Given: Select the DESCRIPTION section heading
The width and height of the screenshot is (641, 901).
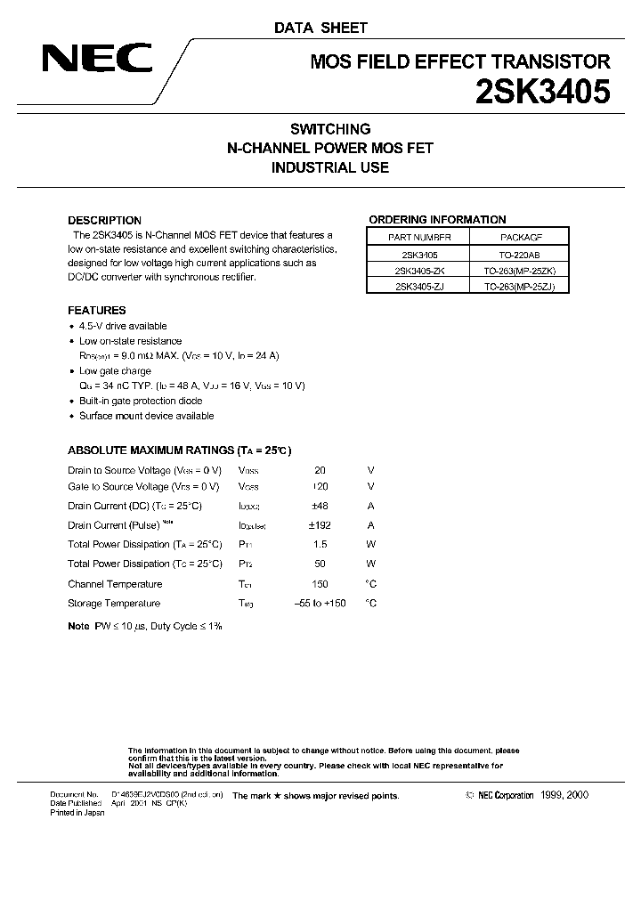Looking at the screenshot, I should (104, 220).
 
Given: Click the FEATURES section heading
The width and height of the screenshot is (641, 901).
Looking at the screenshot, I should (97, 311).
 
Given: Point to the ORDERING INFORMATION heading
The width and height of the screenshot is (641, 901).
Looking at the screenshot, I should (437, 220).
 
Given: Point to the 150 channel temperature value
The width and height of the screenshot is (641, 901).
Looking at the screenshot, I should (320, 584).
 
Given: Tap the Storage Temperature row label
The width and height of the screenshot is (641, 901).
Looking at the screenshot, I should (114, 604).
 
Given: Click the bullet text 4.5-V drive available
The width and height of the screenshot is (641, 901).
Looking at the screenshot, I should (123, 326).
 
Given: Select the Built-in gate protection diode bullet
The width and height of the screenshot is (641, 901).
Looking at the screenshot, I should (141, 401).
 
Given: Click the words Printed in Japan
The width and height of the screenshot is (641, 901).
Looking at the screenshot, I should (77, 814).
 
